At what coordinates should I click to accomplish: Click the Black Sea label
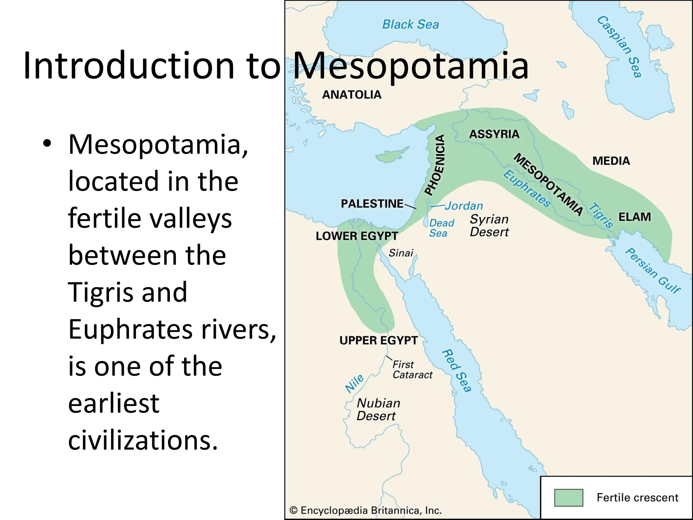click(x=410, y=24)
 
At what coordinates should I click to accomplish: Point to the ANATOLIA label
click(x=352, y=95)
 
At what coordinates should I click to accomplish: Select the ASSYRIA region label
click(x=494, y=134)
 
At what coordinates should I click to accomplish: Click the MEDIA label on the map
click(x=611, y=161)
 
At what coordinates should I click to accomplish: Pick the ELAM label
click(x=634, y=217)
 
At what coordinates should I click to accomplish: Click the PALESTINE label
click(x=372, y=204)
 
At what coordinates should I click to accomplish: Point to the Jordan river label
click(x=464, y=206)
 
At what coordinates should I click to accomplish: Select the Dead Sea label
click(x=441, y=228)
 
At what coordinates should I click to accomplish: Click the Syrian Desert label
click(x=489, y=225)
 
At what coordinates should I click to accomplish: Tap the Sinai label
click(x=401, y=253)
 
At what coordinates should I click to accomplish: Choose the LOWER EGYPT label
click(x=357, y=236)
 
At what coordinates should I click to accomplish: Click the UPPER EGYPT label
click(x=379, y=340)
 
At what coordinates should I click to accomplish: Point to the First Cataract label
click(x=412, y=370)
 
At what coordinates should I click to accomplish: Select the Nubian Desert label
click(x=378, y=409)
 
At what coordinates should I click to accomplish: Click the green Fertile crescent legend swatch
click(x=568, y=497)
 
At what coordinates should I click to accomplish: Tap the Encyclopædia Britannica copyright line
click(x=365, y=511)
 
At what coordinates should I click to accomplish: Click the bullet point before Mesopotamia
click(x=47, y=144)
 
